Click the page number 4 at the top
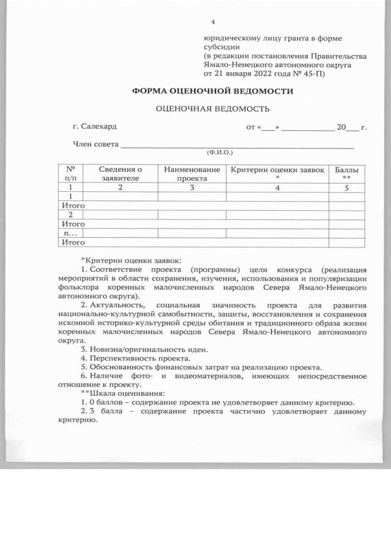[213, 23]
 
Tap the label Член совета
[95, 144]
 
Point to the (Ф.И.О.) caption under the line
[220, 152]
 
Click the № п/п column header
[70, 173]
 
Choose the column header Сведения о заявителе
[120, 173]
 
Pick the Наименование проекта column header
[192, 173]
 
